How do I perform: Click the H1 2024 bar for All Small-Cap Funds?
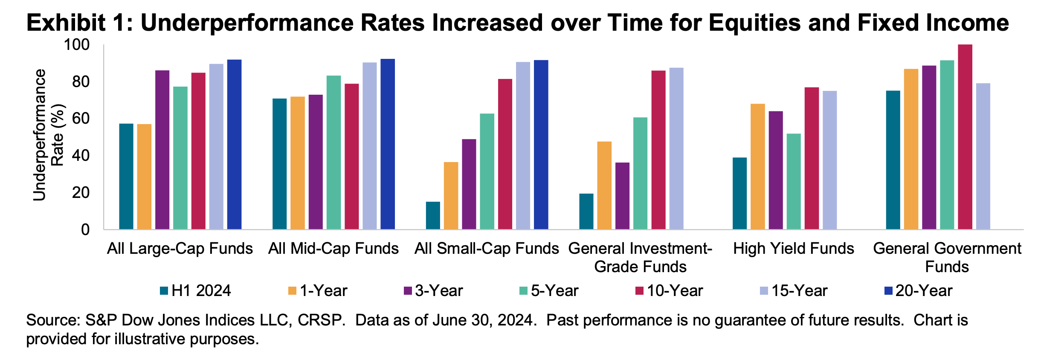click(433, 215)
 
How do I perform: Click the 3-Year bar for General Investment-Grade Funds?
click(622, 196)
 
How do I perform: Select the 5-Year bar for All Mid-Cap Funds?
click(333, 152)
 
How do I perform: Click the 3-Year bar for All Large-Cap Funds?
click(162, 150)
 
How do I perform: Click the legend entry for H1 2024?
click(195, 291)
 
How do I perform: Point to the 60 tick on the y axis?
click(81, 119)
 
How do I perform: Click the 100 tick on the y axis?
click(77, 44)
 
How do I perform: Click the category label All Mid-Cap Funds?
click(333, 248)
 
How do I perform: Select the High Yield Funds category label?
click(793, 248)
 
